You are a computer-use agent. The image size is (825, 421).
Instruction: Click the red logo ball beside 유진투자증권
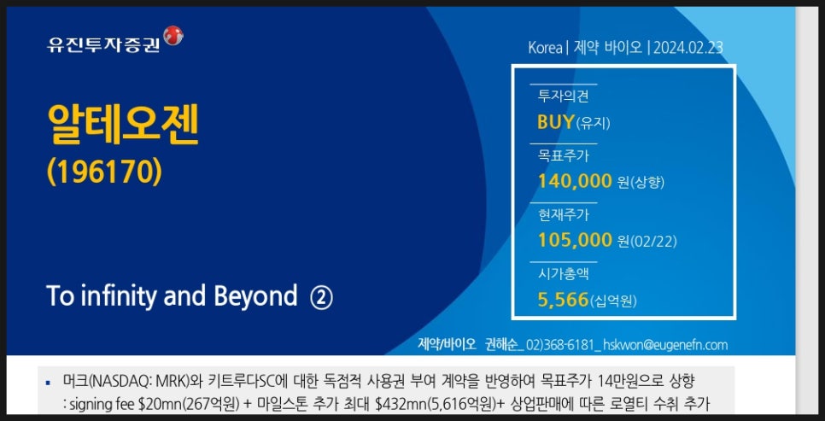coord(173,35)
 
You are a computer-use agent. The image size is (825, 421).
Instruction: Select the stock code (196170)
coord(104,172)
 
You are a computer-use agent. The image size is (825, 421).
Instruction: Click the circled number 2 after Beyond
coord(321,297)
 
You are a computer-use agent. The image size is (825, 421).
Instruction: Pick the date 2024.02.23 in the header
coord(688,48)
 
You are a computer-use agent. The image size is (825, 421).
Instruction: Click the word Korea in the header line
coord(545,48)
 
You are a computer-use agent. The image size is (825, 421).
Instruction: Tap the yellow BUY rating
coord(556,122)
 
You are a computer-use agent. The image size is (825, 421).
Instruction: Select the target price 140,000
coord(575,182)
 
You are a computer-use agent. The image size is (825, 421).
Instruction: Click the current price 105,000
coord(575,241)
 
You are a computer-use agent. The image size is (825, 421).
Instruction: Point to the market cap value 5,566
coord(563,300)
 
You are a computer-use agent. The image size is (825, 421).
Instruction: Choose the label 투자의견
coord(563,96)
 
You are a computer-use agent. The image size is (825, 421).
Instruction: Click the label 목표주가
coord(563,155)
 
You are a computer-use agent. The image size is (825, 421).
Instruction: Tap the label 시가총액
coord(563,273)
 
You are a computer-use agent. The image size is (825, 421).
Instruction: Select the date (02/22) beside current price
coord(653,242)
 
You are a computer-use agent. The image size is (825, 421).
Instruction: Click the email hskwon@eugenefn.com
coord(665,345)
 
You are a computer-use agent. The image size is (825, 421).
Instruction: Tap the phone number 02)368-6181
coord(560,345)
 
